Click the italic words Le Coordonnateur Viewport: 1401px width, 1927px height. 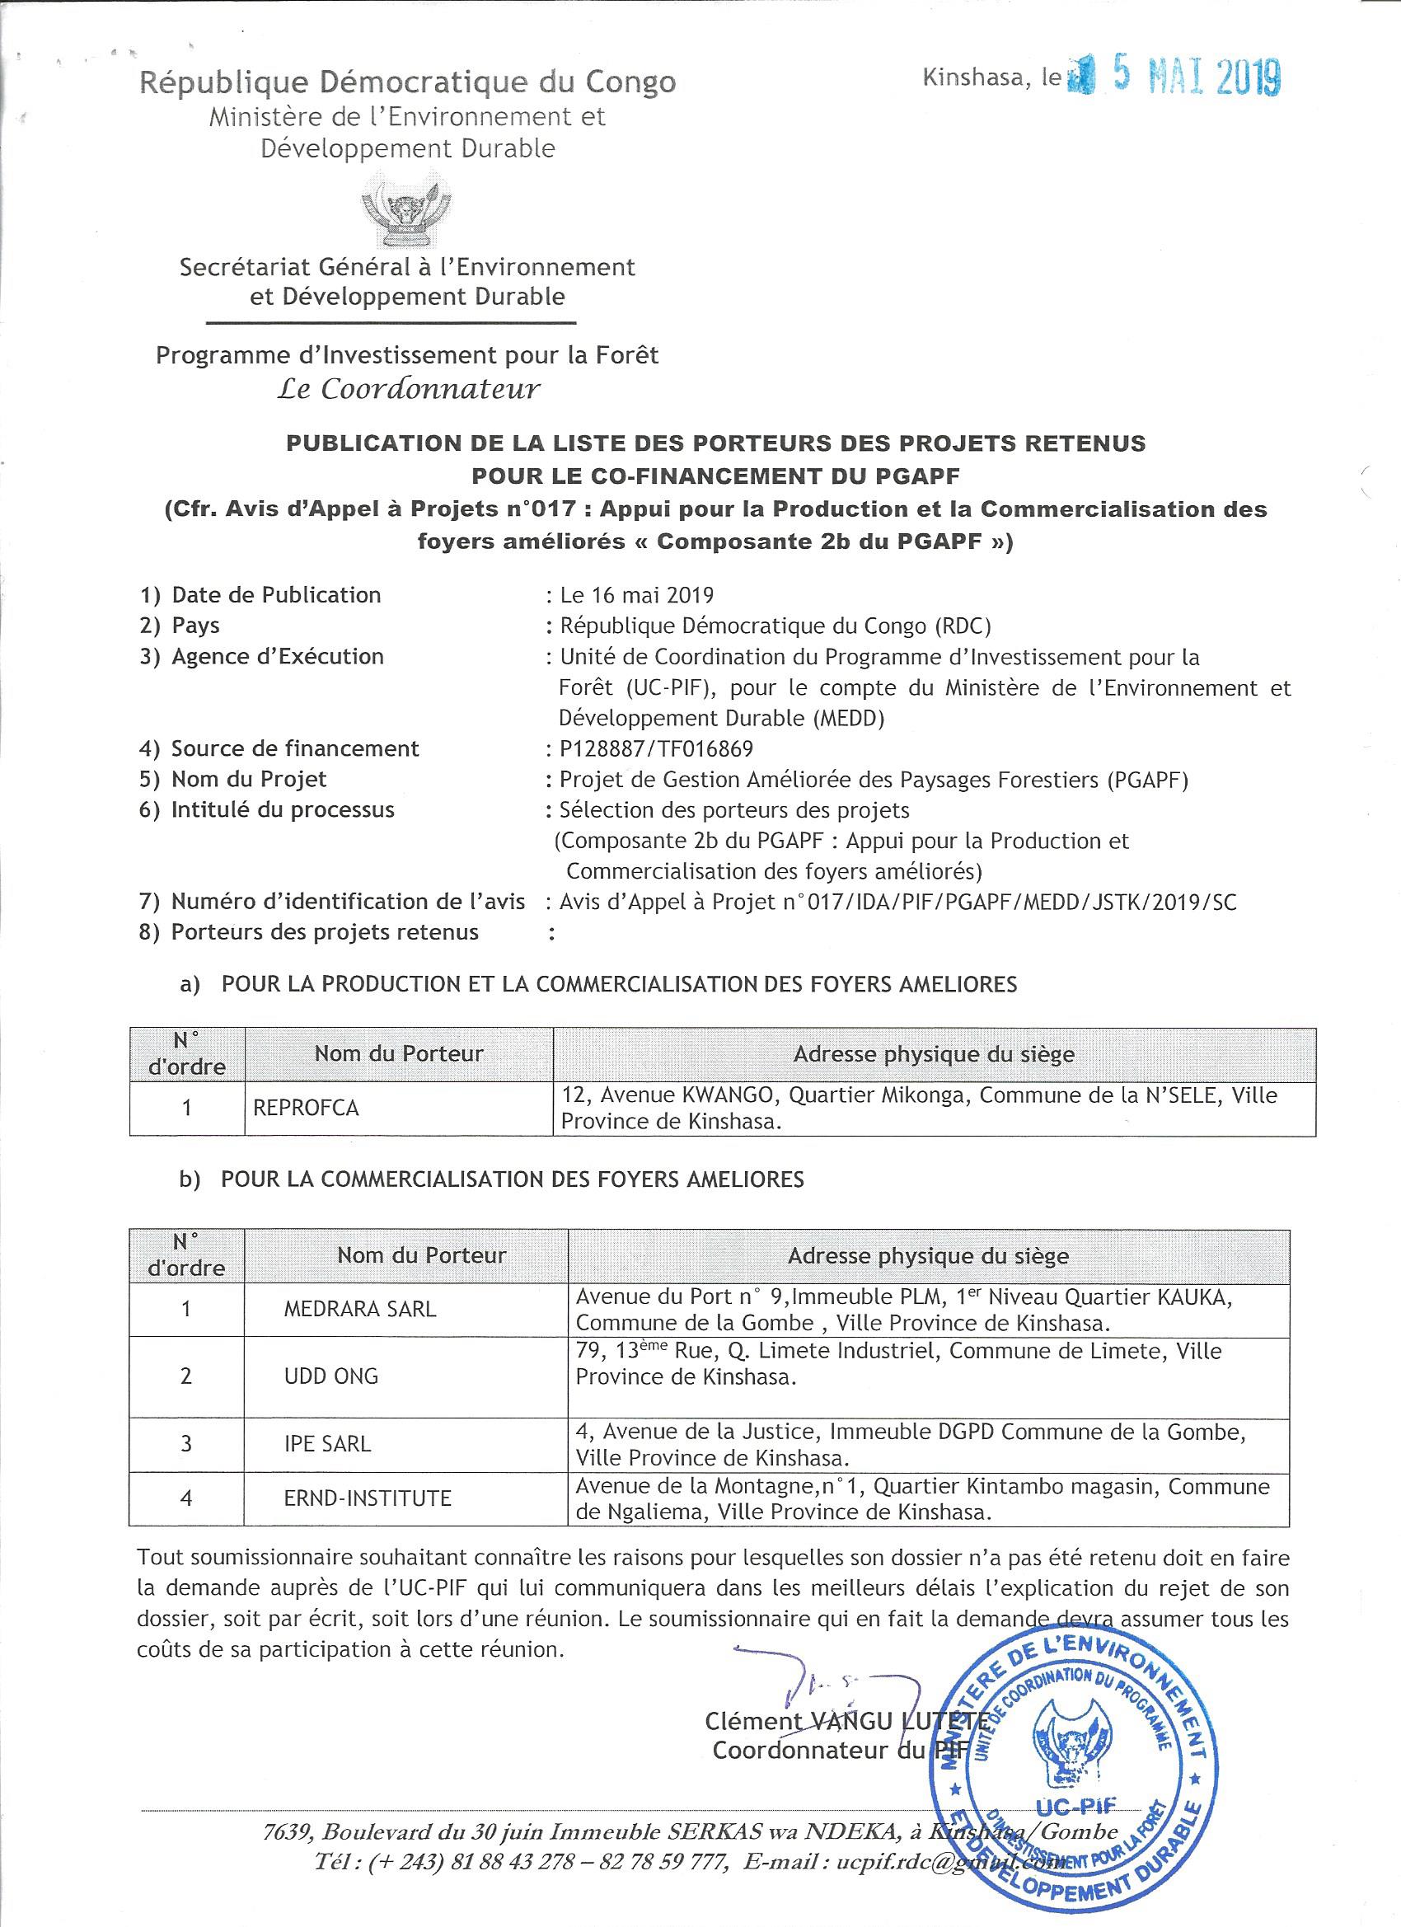click(x=409, y=389)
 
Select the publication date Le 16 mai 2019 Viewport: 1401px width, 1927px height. click(x=636, y=595)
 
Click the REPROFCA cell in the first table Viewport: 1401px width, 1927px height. click(x=307, y=1108)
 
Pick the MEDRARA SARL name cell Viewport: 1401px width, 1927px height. click(x=360, y=1310)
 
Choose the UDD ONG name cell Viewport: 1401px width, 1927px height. click(x=331, y=1376)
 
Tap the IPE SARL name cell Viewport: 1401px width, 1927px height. click(x=328, y=1443)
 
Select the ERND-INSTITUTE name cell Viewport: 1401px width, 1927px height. click(x=368, y=1498)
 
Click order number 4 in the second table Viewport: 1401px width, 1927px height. click(x=186, y=1498)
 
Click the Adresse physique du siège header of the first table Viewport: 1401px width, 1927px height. click(x=934, y=1054)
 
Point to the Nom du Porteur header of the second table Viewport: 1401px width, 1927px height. click(x=421, y=1256)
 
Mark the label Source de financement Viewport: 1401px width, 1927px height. click(x=295, y=748)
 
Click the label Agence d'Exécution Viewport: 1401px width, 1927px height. click(x=277, y=656)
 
